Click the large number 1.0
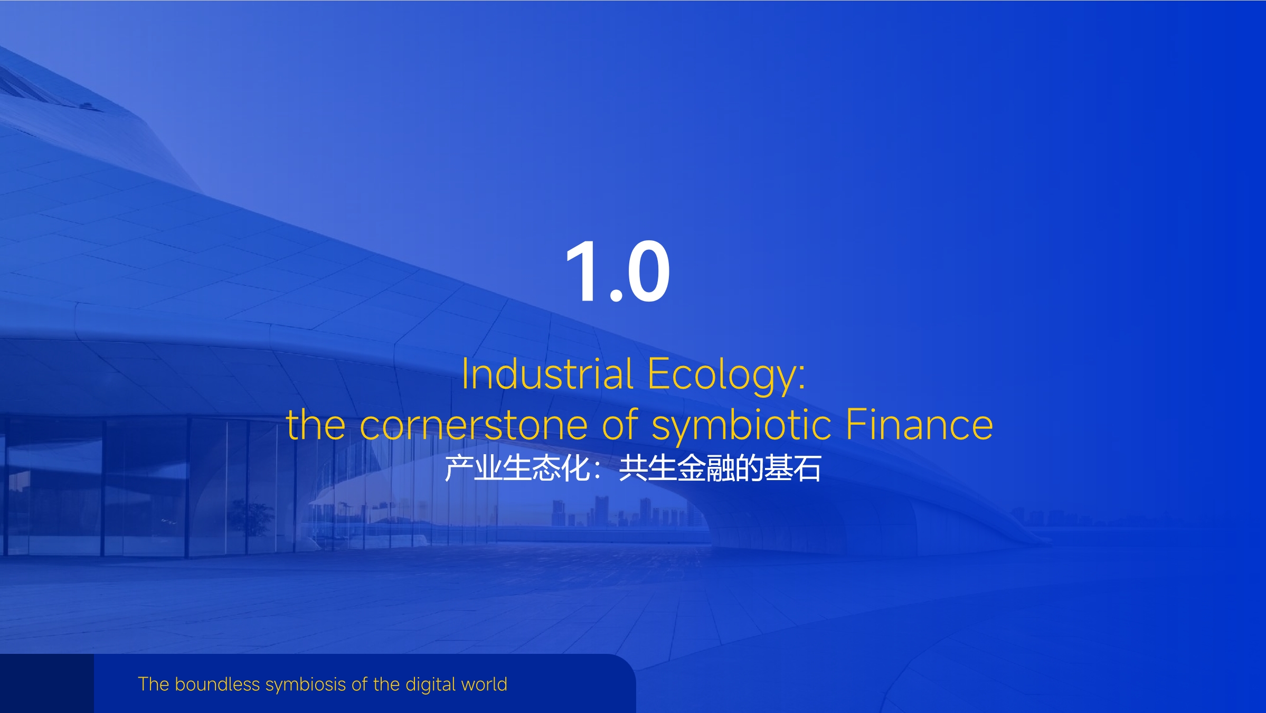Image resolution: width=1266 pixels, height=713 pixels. tap(618, 271)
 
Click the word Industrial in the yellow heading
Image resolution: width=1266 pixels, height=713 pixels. tap(547, 374)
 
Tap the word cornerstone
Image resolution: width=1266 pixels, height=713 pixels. tap(474, 425)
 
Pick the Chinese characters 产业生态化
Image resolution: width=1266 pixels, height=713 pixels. tap(517, 468)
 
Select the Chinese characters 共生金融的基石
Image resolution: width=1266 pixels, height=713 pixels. tap(720, 468)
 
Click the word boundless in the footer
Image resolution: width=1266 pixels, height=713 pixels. tap(217, 684)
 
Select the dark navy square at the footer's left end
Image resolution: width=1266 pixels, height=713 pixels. tap(47, 683)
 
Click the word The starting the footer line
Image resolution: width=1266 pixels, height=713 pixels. tap(154, 684)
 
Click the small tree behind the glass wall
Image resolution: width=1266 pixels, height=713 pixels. tap(250, 520)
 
